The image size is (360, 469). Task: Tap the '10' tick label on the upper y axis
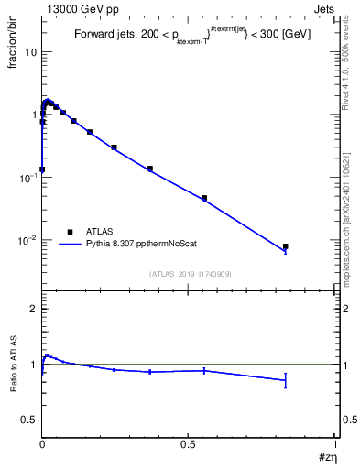click(29, 52)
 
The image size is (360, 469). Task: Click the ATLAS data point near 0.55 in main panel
click(204, 198)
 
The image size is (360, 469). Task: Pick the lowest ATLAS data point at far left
click(42, 169)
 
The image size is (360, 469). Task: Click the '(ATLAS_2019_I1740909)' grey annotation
click(190, 274)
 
